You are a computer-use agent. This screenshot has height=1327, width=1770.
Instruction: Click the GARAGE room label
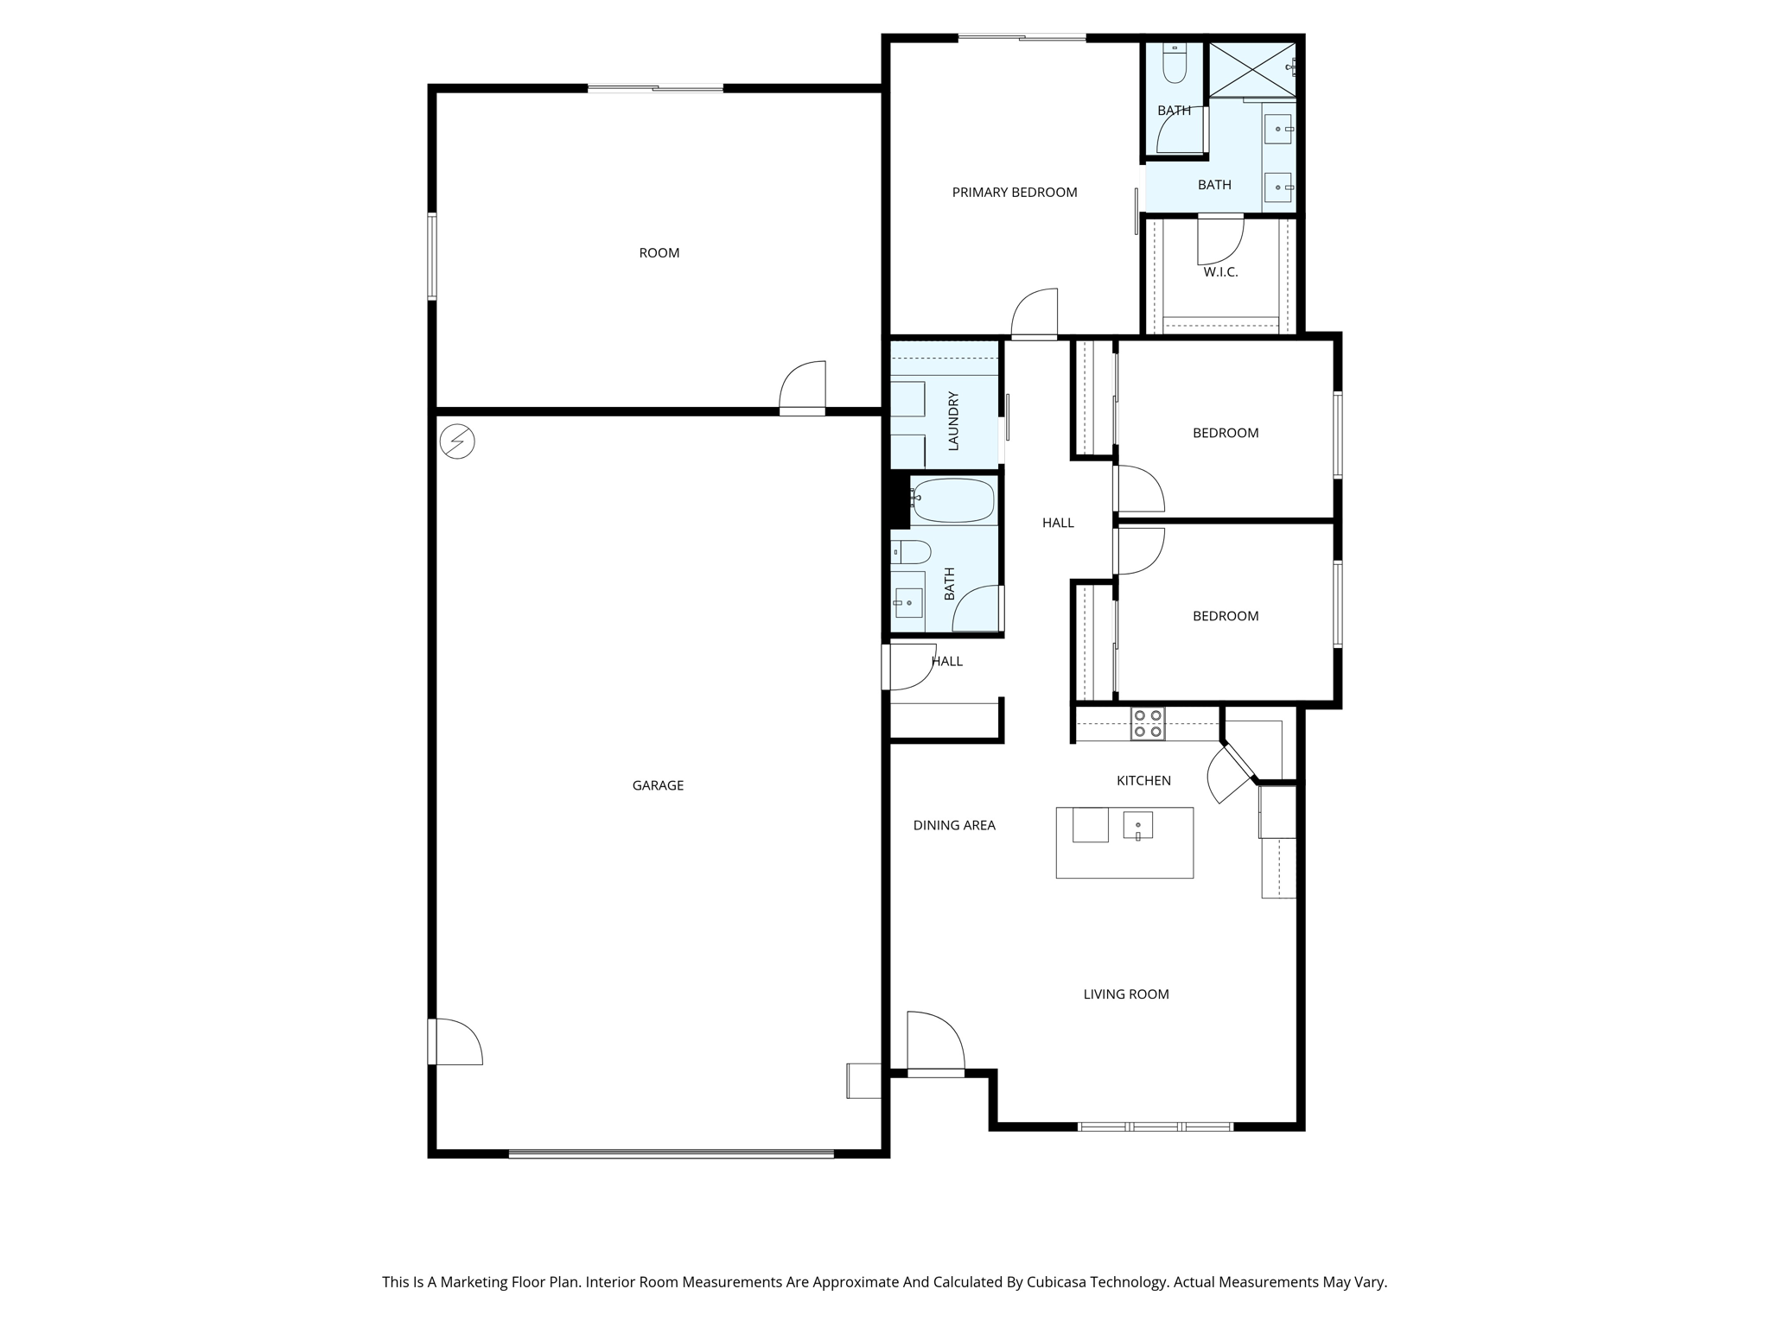click(x=658, y=785)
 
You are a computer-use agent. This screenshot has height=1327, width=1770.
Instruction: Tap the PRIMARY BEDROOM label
click(x=1015, y=193)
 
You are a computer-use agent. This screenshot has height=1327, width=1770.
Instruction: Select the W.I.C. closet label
click(x=1220, y=272)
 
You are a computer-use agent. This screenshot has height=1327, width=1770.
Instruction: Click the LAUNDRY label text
click(x=954, y=421)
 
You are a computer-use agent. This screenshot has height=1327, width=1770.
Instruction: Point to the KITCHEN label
click(x=1143, y=781)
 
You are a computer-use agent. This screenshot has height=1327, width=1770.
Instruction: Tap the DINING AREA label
click(x=954, y=825)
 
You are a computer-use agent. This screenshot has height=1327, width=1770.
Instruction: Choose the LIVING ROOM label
click(x=1126, y=994)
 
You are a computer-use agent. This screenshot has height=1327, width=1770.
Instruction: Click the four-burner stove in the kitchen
click(x=1148, y=724)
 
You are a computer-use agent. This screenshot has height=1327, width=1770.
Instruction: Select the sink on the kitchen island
click(x=1137, y=826)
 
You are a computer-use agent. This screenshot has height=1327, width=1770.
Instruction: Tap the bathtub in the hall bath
click(x=953, y=500)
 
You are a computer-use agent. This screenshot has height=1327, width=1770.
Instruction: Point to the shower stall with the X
click(x=1251, y=69)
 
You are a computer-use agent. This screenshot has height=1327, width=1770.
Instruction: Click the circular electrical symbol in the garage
click(x=457, y=441)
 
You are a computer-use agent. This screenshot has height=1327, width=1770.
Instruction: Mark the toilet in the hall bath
click(x=910, y=551)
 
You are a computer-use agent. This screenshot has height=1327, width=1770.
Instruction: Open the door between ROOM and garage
click(x=802, y=388)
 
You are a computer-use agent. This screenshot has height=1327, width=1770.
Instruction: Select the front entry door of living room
click(x=935, y=1043)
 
